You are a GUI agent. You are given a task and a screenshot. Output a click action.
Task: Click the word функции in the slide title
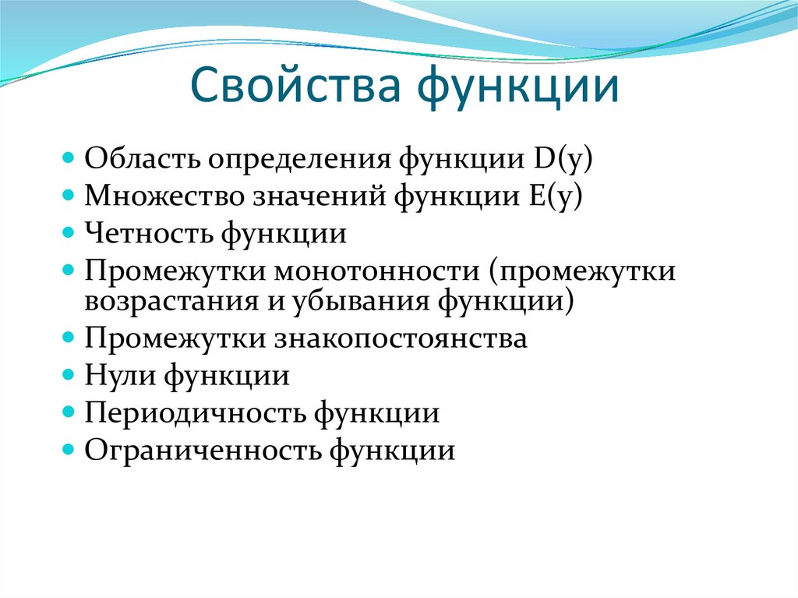click(520, 87)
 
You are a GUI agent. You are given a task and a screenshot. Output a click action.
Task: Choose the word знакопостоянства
click(400, 338)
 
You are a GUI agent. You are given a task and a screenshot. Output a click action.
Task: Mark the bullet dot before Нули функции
click(69, 376)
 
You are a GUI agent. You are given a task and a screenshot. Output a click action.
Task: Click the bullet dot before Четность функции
click(69, 233)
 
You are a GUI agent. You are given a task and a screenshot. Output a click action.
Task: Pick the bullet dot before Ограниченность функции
click(69, 450)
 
